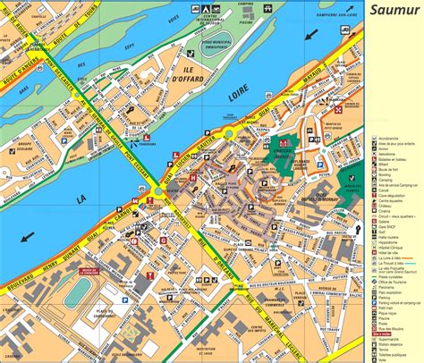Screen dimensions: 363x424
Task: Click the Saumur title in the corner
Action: (394, 12)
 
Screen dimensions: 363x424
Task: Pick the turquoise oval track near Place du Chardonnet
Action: (79, 291)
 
